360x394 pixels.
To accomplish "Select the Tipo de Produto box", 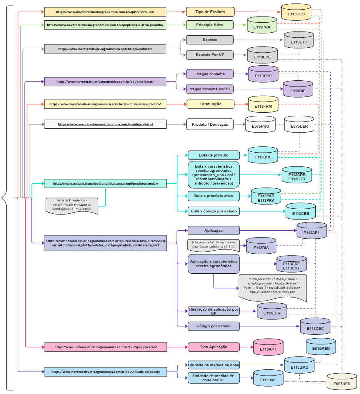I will [x=210, y=12].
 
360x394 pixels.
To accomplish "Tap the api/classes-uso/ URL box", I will [x=105, y=12].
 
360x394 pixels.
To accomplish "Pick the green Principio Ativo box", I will [x=210, y=25].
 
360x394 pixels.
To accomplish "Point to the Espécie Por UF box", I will [x=210, y=55].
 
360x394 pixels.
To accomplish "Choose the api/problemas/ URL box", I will [x=105, y=81].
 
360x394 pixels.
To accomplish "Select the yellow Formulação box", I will [x=210, y=104].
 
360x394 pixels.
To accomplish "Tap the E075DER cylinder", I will [x=299, y=125].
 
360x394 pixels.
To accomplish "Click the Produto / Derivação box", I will [x=210, y=124].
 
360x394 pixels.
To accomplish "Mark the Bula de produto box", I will [x=214, y=155].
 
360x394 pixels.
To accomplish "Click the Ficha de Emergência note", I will [x=72, y=206].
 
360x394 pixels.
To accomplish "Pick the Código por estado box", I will [x=214, y=326].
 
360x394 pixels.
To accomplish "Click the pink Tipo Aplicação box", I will [x=213, y=347].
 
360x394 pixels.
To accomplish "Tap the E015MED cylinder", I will [x=321, y=347].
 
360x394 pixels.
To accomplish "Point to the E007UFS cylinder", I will [x=342, y=382].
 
